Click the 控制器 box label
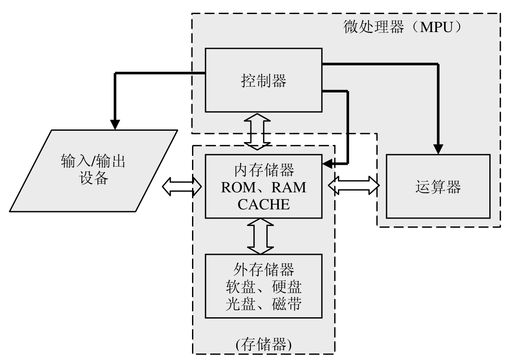(x=263, y=81)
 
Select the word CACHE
(x=264, y=204)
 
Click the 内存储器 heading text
(x=264, y=170)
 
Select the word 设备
(x=92, y=179)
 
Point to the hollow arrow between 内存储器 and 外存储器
(x=260, y=236)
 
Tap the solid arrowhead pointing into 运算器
(x=439, y=150)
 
